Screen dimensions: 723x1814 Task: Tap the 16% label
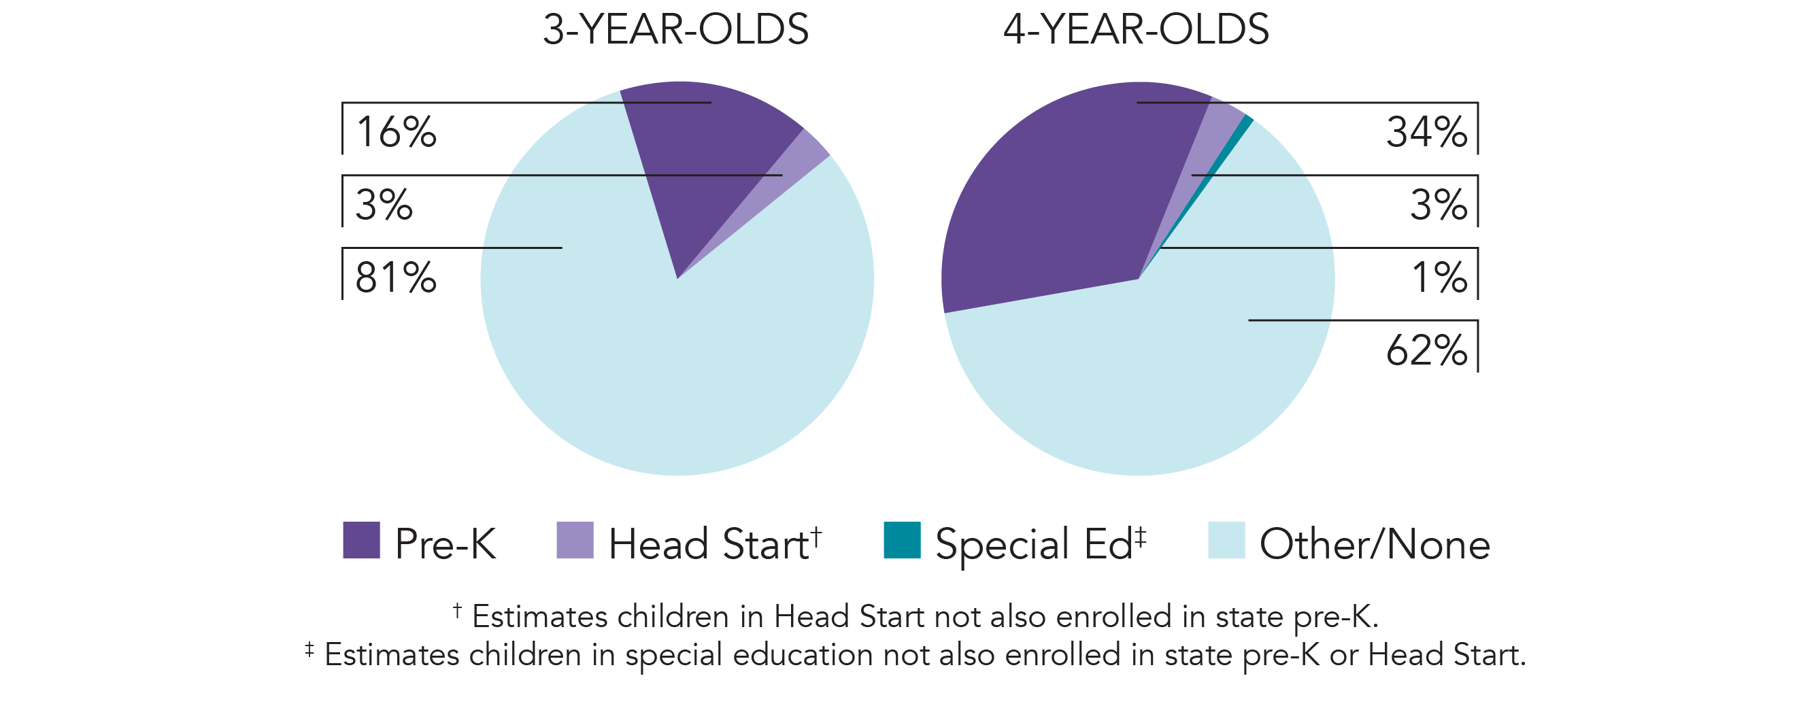pyautogui.click(x=397, y=133)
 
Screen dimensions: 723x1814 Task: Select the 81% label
pyautogui.click(x=396, y=278)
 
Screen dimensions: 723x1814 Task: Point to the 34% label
pyautogui.click(x=1427, y=133)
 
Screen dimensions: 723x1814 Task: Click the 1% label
pyautogui.click(x=1439, y=278)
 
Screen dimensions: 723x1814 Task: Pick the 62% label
pyautogui.click(x=1427, y=350)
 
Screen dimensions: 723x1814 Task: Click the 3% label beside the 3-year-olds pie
pyautogui.click(x=384, y=205)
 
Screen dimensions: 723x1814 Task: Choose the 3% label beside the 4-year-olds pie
pyautogui.click(x=1439, y=205)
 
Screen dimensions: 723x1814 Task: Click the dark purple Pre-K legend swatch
pyautogui.click(x=361, y=540)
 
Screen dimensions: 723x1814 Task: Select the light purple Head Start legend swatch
pyautogui.click(x=575, y=540)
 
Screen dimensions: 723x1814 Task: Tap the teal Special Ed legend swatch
pyautogui.click(x=902, y=540)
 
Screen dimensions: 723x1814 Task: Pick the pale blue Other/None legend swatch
pyautogui.click(x=1227, y=540)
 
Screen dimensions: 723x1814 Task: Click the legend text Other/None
pyautogui.click(x=1375, y=544)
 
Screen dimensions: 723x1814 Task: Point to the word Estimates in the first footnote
pyautogui.click(x=539, y=618)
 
